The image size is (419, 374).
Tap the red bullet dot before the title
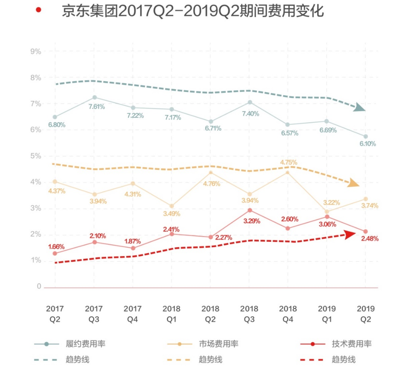[39, 10]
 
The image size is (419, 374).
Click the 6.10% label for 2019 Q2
[367, 144]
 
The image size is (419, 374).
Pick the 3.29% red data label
[251, 221]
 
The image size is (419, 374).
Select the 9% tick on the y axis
[35, 51]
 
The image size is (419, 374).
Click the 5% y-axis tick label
[35, 156]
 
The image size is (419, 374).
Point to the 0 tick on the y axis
[39, 287]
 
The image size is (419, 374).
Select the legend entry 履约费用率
[88, 344]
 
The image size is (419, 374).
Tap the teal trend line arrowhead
[359, 107]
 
